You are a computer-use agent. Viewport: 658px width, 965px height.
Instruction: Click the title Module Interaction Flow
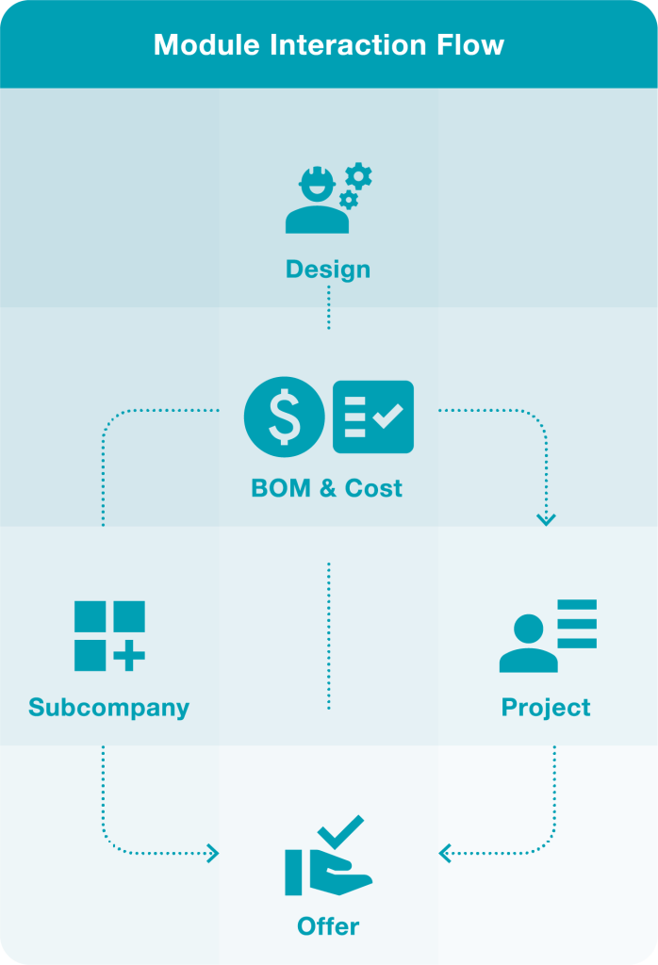328,44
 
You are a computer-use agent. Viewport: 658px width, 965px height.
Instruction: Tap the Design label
328,270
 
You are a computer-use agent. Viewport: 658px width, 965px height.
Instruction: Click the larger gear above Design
358,176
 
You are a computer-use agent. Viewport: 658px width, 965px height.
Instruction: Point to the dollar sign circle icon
284,417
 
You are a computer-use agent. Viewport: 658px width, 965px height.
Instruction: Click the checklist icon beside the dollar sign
373,417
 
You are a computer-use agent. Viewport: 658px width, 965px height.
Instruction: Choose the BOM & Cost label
327,488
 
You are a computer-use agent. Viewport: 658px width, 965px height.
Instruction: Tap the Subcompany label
108,708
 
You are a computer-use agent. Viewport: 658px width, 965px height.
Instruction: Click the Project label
546,708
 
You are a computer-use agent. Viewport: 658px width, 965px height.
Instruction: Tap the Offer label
328,926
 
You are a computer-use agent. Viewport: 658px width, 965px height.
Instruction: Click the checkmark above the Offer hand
340,832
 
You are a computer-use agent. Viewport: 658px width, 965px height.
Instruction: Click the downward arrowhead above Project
546,518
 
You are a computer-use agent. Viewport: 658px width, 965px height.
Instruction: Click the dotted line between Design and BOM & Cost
328,309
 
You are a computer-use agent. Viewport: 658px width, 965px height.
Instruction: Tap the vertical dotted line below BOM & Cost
328,636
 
